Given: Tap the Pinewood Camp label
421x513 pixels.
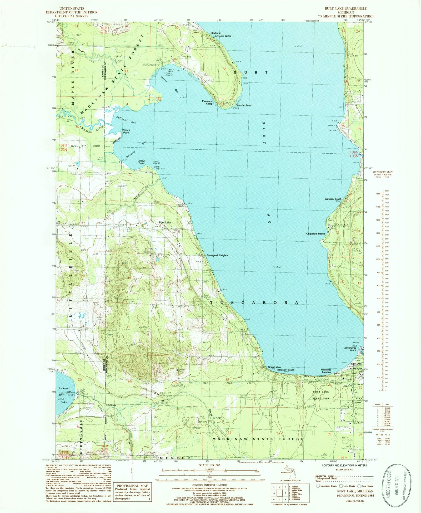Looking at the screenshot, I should pyautogui.click(x=207, y=102).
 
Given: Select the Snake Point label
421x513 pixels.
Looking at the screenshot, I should pyautogui.click(x=126, y=131).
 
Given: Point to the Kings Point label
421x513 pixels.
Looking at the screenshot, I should pyautogui.click(x=142, y=162).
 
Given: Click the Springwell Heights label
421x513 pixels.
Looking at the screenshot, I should pyautogui.click(x=217, y=255).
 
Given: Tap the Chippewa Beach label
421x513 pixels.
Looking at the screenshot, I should pyautogui.click(x=315, y=234).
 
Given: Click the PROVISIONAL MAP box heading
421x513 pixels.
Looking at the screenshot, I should pyautogui.click(x=132, y=486).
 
